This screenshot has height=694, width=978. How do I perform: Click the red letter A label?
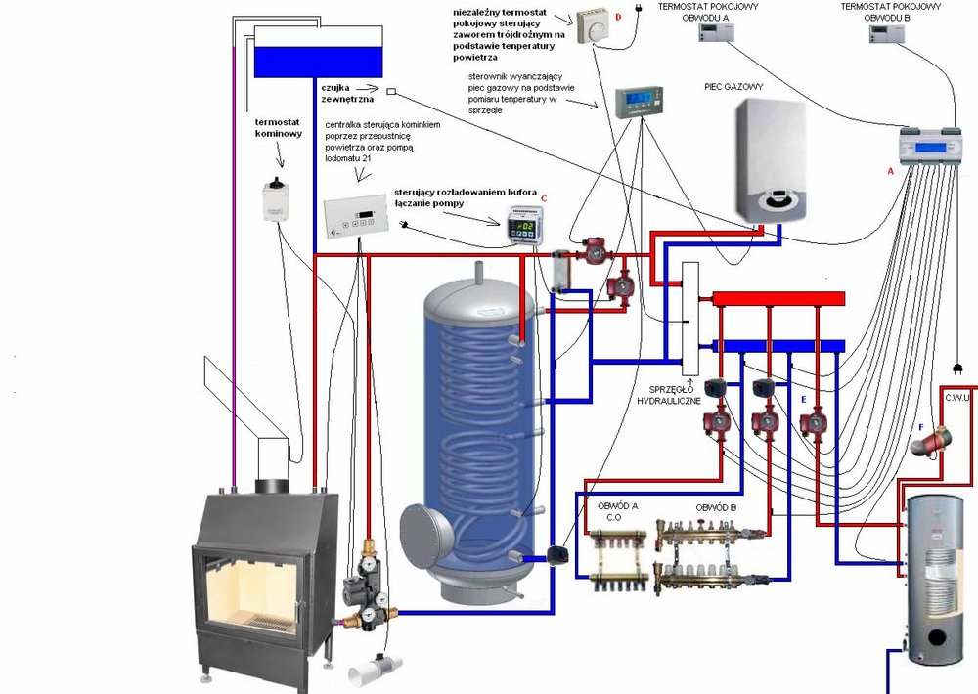890,169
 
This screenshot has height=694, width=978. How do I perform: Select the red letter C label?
543,198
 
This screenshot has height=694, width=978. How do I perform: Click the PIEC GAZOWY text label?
733,87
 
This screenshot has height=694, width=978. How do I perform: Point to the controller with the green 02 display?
522,227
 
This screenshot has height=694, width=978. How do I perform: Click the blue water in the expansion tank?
315,60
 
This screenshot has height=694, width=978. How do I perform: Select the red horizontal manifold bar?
778,298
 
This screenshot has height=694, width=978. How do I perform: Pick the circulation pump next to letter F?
930,442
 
